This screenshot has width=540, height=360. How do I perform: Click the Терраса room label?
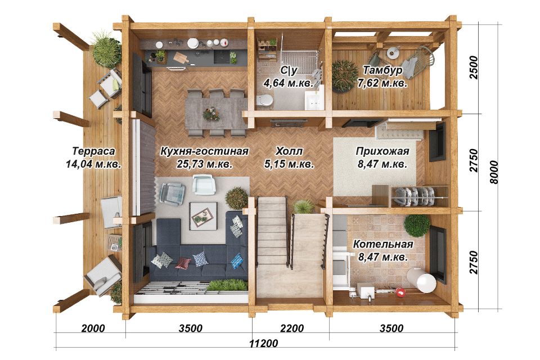(93, 151)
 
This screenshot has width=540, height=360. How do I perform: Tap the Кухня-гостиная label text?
(204, 151)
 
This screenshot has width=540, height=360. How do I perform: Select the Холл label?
(289, 151)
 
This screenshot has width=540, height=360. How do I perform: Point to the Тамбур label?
(382, 70)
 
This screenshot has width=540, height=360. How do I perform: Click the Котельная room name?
(383, 244)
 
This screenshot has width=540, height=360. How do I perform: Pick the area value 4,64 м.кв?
(288, 83)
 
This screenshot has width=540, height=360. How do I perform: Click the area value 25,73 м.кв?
(205, 164)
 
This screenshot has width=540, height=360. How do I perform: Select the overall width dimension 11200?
(263, 343)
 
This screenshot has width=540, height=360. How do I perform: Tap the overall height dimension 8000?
(493, 172)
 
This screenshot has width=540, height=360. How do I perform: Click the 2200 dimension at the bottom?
(292, 328)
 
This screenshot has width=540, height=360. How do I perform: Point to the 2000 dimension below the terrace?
(93, 328)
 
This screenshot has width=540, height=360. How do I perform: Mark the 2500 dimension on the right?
(474, 67)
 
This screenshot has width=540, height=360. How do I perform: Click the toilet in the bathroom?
(264, 100)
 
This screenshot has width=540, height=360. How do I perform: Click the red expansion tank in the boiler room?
(400, 292)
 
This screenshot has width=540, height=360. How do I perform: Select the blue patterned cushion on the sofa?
(236, 261)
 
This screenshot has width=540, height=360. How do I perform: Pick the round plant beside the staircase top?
(237, 198)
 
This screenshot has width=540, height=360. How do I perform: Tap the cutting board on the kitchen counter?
(181, 57)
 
